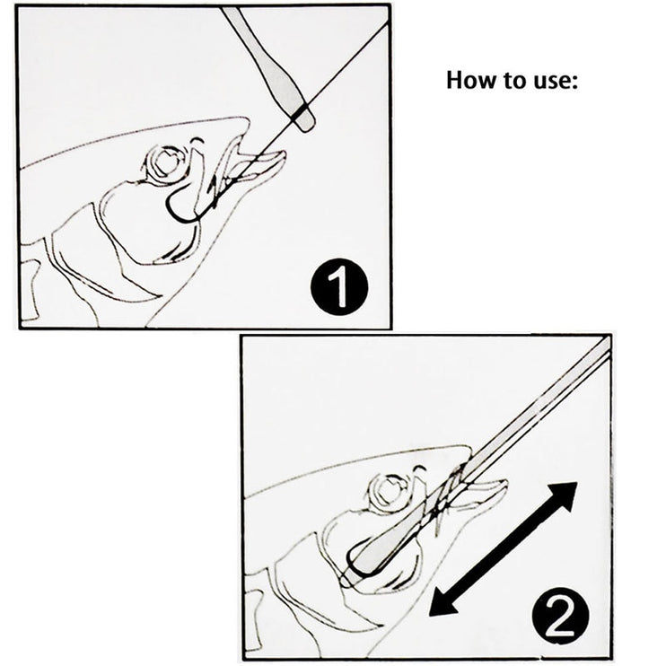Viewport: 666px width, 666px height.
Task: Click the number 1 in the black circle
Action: [x=340, y=290]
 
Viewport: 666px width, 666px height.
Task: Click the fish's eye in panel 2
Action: [x=390, y=492]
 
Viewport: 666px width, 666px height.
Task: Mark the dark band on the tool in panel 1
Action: [x=302, y=114]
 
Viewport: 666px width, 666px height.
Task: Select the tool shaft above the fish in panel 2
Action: [x=539, y=404]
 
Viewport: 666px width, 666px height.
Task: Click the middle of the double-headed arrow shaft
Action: [x=502, y=548]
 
